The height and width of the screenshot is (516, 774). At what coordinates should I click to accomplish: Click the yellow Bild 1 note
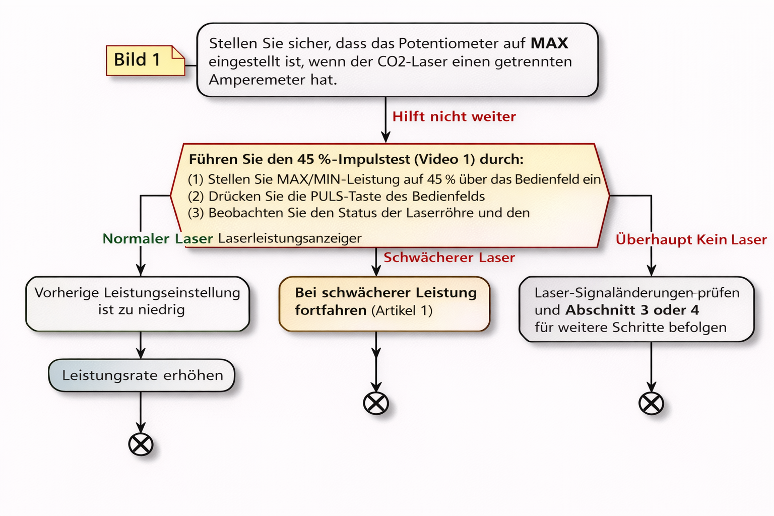(146, 60)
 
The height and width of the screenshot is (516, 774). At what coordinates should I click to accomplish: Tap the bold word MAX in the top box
(549, 43)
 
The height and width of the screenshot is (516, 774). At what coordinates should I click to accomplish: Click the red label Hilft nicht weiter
(454, 116)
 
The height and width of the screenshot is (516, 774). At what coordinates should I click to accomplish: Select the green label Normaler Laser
(158, 238)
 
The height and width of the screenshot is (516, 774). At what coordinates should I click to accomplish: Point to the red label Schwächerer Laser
(449, 257)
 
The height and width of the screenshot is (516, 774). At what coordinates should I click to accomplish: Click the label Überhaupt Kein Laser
(691, 239)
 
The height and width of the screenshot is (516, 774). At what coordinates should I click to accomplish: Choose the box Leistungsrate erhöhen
(142, 375)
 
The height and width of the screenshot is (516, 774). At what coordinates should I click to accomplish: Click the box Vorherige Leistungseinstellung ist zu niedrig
(138, 304)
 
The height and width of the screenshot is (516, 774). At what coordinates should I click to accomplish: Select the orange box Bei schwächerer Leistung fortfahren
(384, 304)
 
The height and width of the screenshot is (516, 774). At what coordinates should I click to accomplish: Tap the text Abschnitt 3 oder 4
(632, 310)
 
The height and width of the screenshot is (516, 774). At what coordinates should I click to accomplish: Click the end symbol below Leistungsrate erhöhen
(141, 444)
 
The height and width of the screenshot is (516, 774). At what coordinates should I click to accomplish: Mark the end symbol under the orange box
(376, 403)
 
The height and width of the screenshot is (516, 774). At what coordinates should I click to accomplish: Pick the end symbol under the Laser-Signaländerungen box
(652, 403)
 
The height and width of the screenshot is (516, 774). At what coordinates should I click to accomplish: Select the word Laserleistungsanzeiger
(290, 238)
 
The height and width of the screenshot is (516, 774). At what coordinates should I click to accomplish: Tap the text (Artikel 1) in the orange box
(402, 310)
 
